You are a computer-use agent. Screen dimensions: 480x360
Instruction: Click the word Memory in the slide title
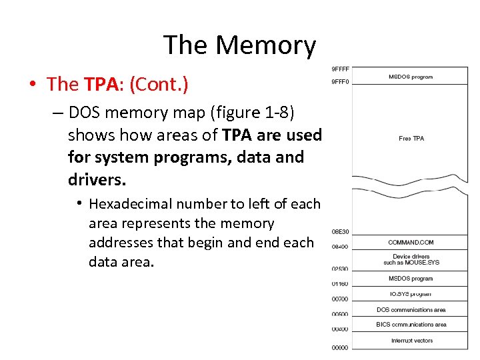pos(265,45)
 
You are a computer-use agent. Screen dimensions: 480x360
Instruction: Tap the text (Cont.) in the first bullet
pos(159,85)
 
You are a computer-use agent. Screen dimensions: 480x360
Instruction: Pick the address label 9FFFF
pos(340,69)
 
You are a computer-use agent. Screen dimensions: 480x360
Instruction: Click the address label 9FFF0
pos(340,82)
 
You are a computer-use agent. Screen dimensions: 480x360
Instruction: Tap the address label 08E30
pos(340,232)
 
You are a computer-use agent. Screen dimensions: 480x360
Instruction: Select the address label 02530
pos(340,269)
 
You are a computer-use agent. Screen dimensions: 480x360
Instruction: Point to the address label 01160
pos(340,284)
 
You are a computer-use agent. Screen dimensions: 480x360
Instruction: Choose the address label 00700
pos(340,299)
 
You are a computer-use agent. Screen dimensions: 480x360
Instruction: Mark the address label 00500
pos(340,314)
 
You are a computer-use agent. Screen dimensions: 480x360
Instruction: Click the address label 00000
pos(340,347)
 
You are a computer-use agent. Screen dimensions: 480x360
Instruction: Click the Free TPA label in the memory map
pos(411,139)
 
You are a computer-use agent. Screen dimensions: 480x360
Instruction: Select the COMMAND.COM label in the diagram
pos(411,242)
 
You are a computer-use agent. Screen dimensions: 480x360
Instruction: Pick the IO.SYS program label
pos(411,294)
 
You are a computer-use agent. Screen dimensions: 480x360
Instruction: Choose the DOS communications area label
pos(411,310)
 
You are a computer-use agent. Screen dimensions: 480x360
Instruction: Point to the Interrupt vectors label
pos(411,341)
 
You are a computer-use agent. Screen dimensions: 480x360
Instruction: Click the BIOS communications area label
pos(411,325)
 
